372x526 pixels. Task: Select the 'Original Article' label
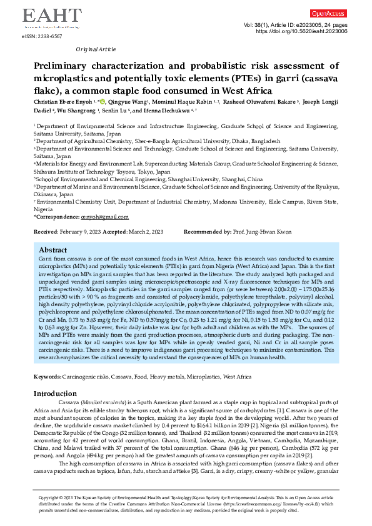(94, 49)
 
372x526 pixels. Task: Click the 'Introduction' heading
(59, 394)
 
